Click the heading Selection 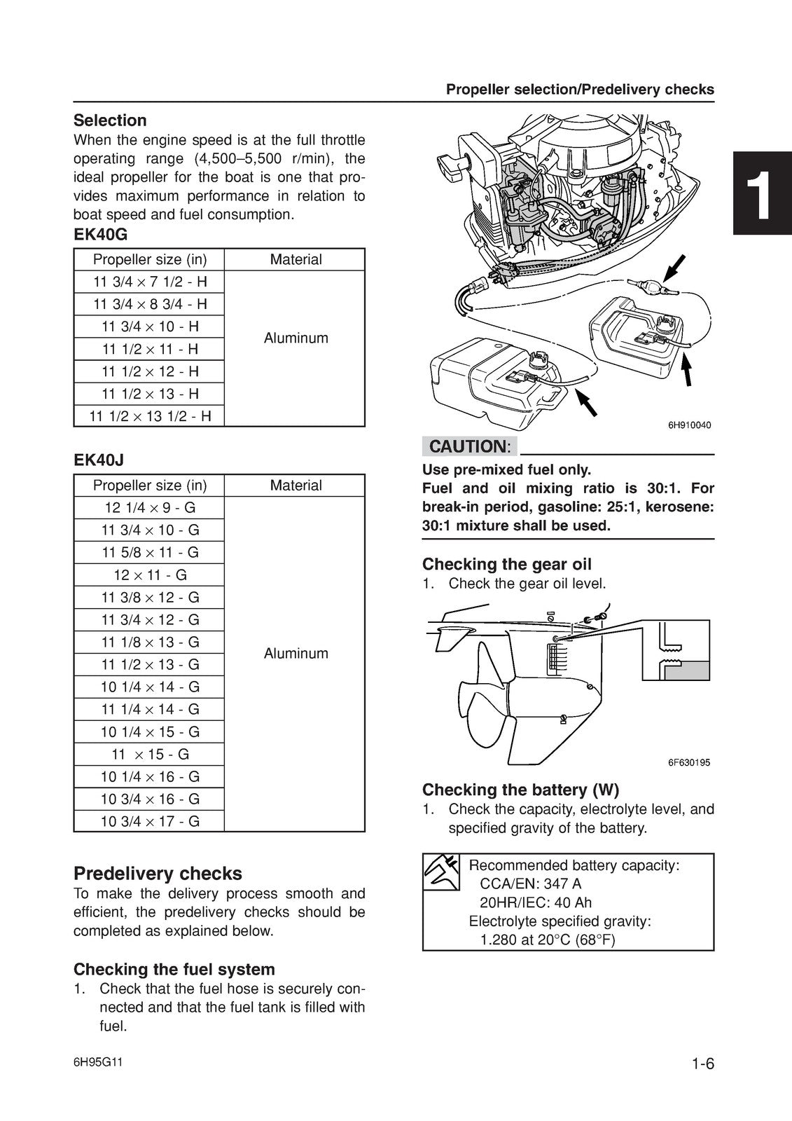pyautogui.click(x=110, y=121)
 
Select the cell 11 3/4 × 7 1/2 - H pyautogui.click(x=150, y=282)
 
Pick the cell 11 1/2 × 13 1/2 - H pyautogui.click(x=150, y=416)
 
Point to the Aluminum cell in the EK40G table pyautogui.click(x=296, y=338)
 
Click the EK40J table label pyautogui.click(x=99, y=460)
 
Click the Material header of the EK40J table pyautogui.click(x=296, y=486)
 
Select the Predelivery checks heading pyautogui.click(x=158, y=874)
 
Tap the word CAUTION pyautogui.click(x=467, y=446)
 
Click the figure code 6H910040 pyautogui.click(x=689, y=425)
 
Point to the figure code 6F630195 pyautogui.click(x=689, y=763)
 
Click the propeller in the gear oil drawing pyautogui.click(x=477, y=701)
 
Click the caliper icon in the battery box pyautogui.click(x=441, y=872)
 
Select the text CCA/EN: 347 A pyautogui.click(x=530, y=884)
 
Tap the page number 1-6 pyautogui.click(x=702, y=1064)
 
